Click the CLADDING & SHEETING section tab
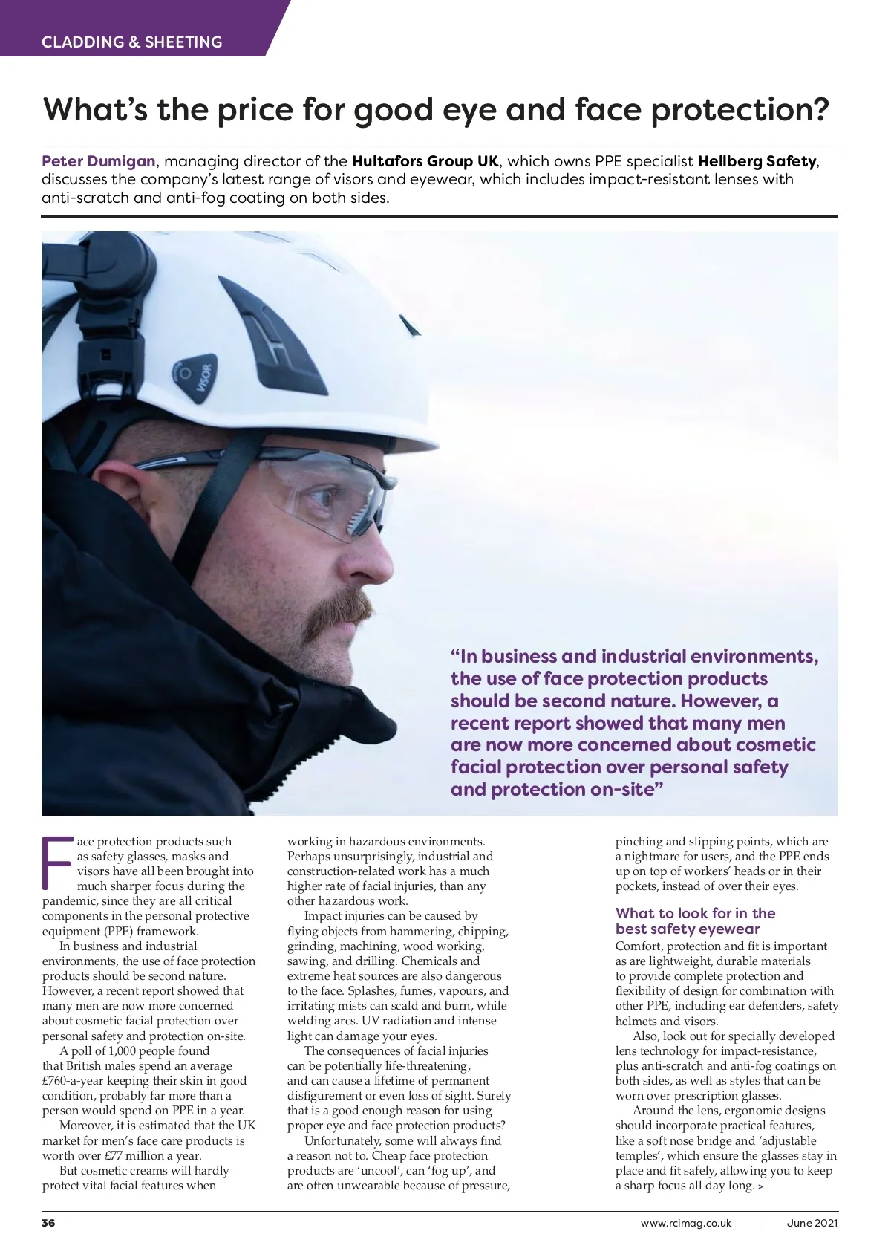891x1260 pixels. (x=132, y=42)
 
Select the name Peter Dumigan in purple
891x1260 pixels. (x=99, y=161)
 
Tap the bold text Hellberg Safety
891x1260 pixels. (x=757, y=161)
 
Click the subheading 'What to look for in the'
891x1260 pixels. (x=695, y=913)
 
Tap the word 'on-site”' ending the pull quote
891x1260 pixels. (x=625, y=790)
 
